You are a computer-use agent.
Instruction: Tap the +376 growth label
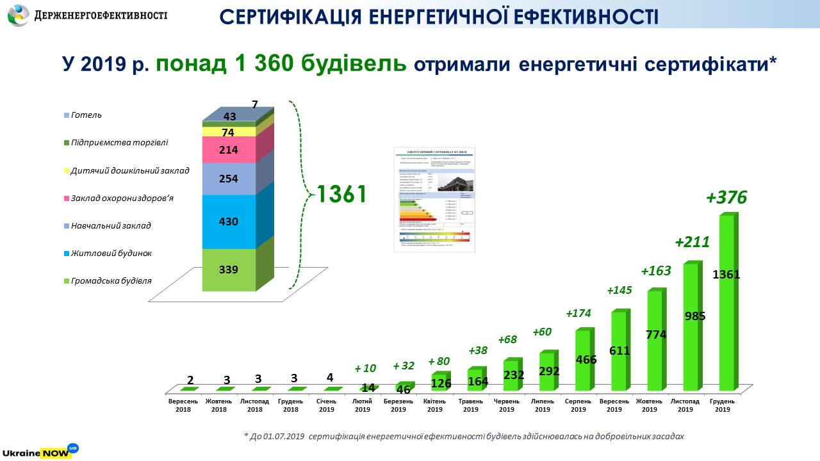(x=726, y=198)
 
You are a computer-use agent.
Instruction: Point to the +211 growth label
(x=692, y=242)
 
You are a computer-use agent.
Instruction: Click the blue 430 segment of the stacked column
(x=229, y=222)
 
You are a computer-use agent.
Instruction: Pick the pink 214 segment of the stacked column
(x=229, y=150)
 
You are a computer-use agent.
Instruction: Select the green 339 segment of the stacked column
(x=229, y=270)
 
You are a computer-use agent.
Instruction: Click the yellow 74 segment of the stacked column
(x=229, y=133)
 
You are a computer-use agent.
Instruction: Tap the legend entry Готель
(x=87, y=115)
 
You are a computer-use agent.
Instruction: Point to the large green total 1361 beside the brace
(x=341, y=194)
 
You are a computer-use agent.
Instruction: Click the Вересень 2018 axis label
(x=183, y=405)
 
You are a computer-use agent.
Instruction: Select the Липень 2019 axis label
(x=543, y=405)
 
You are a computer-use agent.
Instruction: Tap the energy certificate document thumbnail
(x=434, y=198)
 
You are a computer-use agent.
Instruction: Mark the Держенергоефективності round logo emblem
(x=17, y=15)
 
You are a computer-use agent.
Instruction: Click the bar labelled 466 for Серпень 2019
(x=583, y=360)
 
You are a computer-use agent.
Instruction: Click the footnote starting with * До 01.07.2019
(x=464, y=436)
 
